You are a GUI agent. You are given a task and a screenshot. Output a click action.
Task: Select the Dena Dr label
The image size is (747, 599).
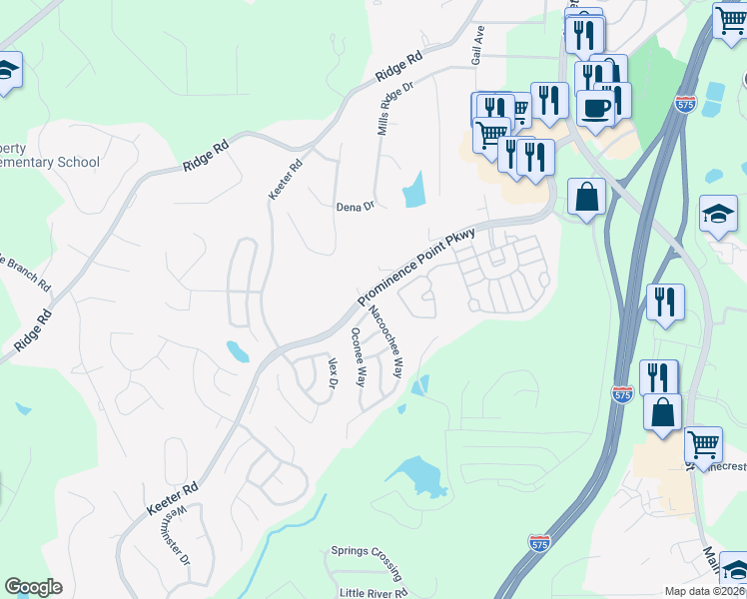pos(354,207)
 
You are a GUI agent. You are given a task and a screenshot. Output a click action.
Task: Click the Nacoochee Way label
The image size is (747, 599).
pos(385,342)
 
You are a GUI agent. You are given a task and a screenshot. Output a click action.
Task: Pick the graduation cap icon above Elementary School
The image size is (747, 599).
pos(7,70)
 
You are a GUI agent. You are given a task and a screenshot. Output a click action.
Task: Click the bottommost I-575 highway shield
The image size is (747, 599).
pos(539,542)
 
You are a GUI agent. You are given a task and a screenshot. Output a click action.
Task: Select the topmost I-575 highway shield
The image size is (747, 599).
pos(684,105)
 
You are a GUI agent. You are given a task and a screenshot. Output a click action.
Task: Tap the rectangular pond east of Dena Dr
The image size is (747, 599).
pos(413,190)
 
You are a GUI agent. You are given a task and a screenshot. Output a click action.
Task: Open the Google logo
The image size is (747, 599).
pos(33,587)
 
